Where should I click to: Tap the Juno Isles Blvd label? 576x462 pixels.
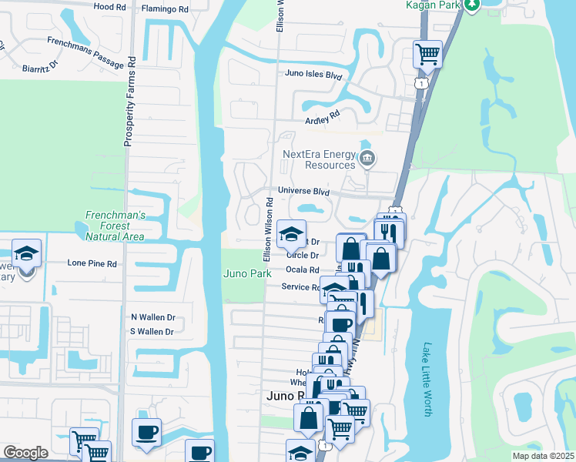313,75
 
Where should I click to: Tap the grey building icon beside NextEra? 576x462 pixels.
367,159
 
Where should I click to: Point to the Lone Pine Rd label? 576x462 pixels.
92,263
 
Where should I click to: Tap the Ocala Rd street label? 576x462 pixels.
302,269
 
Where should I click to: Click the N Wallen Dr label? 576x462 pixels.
152,317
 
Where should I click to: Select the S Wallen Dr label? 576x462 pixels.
152,332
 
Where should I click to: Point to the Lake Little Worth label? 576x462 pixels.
427,380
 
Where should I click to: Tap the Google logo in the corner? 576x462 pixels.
25,453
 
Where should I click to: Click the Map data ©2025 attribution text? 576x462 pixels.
542,456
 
